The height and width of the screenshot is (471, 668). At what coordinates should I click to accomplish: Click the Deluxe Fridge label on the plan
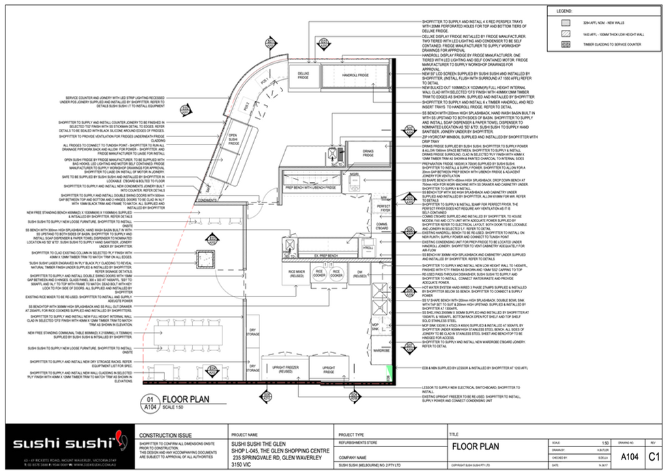[x=303, y=75]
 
